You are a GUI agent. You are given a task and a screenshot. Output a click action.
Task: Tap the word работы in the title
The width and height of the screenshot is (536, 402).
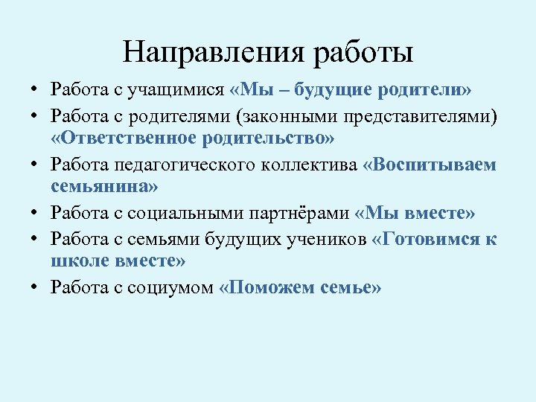tap(364, 53)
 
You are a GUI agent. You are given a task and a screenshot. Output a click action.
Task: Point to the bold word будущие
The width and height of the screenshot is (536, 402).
tap(336, 90)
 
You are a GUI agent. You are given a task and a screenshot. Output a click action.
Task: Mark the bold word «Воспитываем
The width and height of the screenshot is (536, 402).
tap(429, 165)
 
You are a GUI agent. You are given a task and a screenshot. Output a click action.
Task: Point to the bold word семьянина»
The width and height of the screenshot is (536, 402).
tap(98, 188)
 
